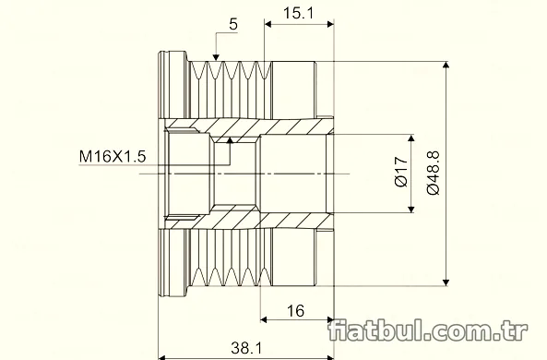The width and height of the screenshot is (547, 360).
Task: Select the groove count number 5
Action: [233, 24]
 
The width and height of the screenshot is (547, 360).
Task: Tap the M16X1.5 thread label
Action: [113, 156]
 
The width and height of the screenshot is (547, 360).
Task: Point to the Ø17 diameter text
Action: [401, 172]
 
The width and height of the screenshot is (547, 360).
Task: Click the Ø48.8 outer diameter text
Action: [434, 174]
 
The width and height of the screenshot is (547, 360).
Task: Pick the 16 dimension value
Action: [295, 311]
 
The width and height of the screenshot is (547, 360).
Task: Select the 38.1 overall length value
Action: [246, 348]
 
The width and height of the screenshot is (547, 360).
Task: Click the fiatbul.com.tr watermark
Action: [428, 330]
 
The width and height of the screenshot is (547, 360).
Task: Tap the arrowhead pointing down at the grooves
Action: [216, 57]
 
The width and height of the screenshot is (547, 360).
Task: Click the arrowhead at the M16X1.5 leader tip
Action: [230, 140]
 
